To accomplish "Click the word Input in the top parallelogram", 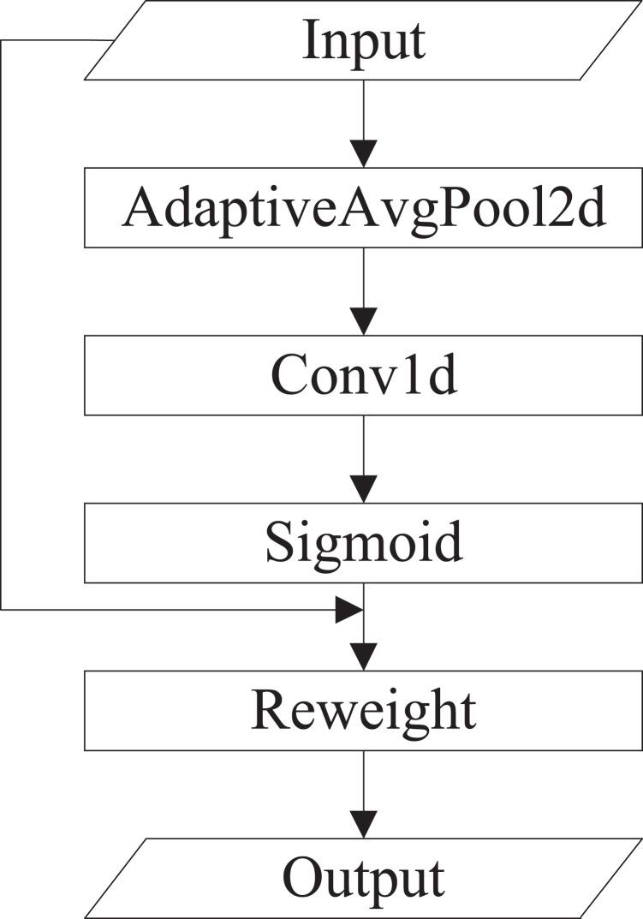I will point(364,41).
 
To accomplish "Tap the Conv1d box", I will point(364,374).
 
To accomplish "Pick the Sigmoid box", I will point(364,542).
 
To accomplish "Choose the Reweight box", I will point(364,710).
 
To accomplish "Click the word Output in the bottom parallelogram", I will point(364,877).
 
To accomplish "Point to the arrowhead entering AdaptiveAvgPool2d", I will point(365,154).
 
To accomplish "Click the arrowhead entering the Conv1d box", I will point(365,322).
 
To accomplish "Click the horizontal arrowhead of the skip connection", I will point(349,610).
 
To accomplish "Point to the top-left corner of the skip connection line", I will point(3,41).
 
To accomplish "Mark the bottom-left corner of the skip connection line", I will point(3,610).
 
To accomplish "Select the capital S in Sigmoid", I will point(279,542).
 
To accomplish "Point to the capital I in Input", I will point(311,41).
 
